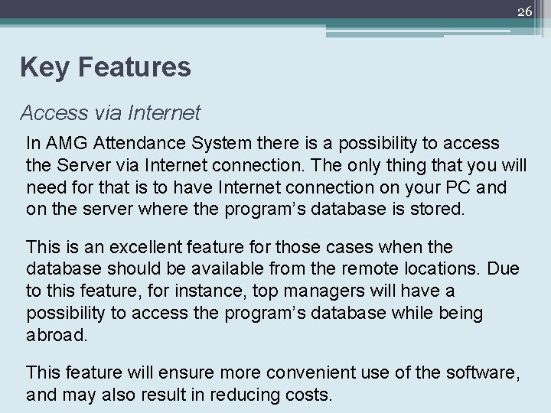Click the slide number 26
click(x=524, y=11)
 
